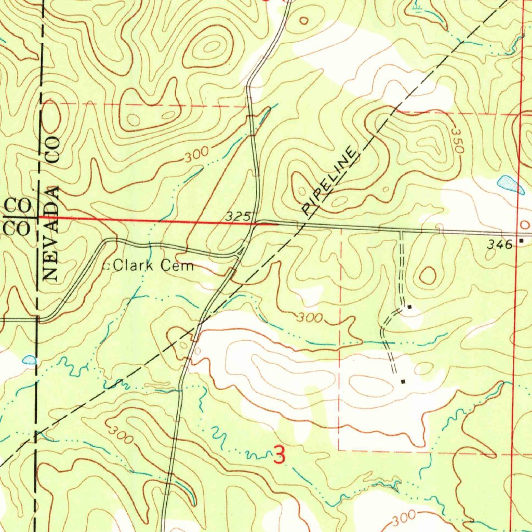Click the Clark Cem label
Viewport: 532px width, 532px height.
coord(153,267)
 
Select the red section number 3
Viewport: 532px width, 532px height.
coord(279,456)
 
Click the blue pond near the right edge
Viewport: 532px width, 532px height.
coord(510,184)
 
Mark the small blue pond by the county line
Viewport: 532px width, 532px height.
coord(30,360)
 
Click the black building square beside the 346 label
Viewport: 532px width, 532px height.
coord(521,241)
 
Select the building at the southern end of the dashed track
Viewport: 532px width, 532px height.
coord(403,382)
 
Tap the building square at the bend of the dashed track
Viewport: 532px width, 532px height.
coord(409,307)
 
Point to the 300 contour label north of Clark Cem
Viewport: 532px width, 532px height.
coord(196,154)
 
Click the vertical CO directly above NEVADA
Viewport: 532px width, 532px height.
coord(54,148)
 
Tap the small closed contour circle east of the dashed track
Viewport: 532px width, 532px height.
coord(428,275)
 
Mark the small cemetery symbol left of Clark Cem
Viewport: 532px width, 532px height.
coord(108,267)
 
